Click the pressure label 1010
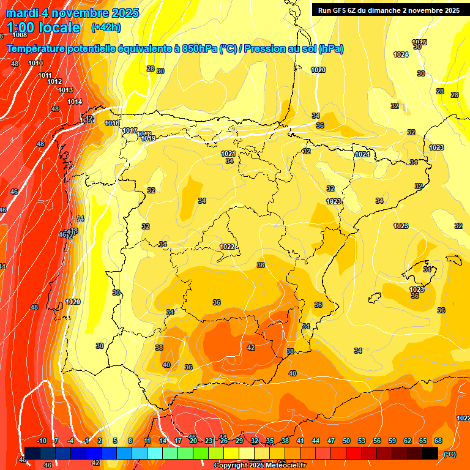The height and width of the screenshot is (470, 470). (35, 63)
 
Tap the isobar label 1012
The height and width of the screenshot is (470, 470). (54, 81)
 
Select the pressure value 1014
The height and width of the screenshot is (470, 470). (75, 102)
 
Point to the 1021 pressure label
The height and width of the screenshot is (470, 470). (228, 154)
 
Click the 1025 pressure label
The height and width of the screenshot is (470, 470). (419, 42)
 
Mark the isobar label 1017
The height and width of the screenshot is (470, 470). (129, 130)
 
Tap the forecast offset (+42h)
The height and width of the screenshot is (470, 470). (105, 28)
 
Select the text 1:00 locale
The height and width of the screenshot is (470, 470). (43, 28)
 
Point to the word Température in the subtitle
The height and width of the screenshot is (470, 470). (37, 49)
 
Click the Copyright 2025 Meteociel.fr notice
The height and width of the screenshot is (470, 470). (259, 466)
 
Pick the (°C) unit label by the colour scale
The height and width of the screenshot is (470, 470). (449, 454)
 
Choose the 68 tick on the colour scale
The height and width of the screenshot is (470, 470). (438, 441)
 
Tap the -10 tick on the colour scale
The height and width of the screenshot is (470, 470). (42, 441)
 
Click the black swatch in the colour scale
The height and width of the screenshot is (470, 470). (430, 453)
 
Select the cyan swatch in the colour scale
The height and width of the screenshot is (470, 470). (155, 453)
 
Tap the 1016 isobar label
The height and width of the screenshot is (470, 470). (112, 124)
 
